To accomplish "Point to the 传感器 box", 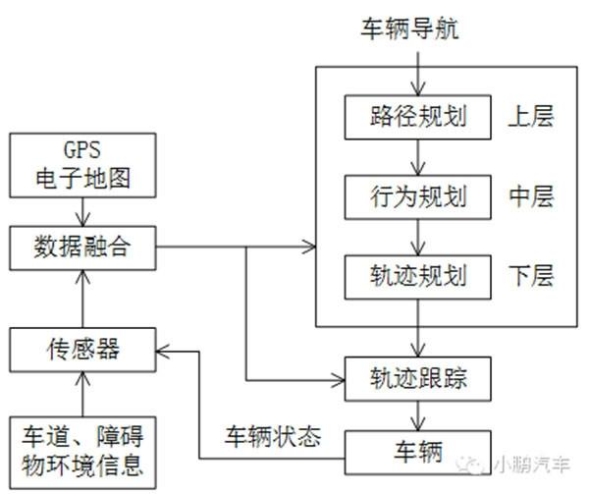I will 82,347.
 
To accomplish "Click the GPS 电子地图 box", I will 82,164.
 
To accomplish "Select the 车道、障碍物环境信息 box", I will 82,449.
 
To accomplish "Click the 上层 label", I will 531,117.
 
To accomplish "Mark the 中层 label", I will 531,196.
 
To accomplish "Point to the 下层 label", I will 531,276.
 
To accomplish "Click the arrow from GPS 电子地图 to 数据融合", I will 82,211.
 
